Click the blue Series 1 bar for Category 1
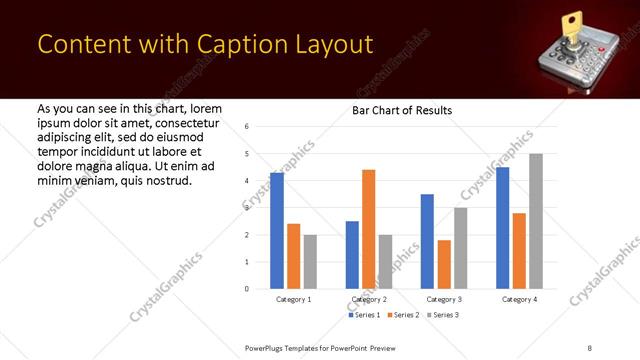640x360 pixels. [277, 231]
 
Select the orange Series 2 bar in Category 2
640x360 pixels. [368, 229]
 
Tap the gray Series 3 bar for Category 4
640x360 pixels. [536, 221]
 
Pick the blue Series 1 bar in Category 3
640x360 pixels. [427, 241]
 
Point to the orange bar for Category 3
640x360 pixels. [444, 264]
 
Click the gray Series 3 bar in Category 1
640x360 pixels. [310, 262]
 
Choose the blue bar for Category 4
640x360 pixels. [502, 228]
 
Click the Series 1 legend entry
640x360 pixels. [364, 315]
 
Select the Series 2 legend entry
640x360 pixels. [402, 315]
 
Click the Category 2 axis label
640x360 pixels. [369, 299]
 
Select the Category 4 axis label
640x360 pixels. [519, 299]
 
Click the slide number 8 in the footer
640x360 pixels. [589, 346]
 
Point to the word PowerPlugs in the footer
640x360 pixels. [268, 346]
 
